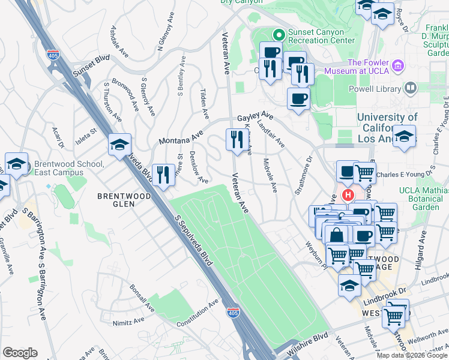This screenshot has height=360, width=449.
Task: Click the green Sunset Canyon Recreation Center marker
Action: point(278,35)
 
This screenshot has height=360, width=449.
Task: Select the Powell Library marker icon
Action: point(411,88)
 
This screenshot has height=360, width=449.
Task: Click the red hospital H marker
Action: point(348,196)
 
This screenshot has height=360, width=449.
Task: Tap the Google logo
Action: point(20,353)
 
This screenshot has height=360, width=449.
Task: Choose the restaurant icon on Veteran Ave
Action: point(235,140)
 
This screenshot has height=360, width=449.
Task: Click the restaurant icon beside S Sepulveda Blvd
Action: point(163,175)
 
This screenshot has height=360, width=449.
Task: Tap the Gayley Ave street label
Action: point(255,116)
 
